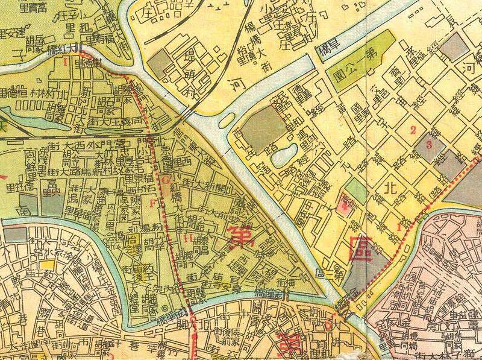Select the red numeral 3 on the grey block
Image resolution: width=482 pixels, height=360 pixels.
point(428,144)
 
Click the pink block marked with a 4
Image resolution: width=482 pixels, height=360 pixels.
point(345,209)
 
